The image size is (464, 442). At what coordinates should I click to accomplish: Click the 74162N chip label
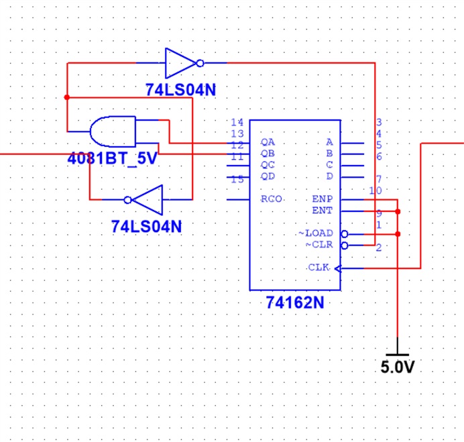(x=295, y=302)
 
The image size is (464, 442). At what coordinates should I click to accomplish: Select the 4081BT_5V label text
(x=112, y=159)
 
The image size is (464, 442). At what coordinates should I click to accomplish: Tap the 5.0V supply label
(x=398, y=367)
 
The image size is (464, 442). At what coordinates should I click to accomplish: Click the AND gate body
(x=113, y=131)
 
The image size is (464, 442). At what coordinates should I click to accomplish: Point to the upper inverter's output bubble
(x=200, y=63)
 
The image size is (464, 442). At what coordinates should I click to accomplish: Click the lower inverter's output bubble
(x=127, y=200)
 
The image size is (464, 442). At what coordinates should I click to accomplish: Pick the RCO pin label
(x=272, y=199)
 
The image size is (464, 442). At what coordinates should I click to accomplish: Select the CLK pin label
(x=318, y=268)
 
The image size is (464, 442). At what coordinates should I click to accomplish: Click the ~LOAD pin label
(x=316, y=233)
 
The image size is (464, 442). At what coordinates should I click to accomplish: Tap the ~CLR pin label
(x=319, y=245)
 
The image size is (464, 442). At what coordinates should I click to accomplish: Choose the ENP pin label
(x=323, y=199)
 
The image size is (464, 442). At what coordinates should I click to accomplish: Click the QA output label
(x=268, y=142)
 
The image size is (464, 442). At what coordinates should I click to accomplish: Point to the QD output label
(x=268, y=176)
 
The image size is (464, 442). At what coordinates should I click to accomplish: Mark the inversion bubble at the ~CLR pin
(x=345, y=245)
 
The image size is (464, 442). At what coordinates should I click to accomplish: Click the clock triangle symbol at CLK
(x=338, y=268)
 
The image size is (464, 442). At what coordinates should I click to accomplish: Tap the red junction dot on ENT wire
(x=398, y=212)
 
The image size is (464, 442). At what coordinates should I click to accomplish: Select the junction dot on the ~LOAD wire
(x=398, y=234)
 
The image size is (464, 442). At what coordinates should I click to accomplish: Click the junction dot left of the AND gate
(x=67, y=97)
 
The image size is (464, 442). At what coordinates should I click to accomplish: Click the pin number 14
(x=237, y=122)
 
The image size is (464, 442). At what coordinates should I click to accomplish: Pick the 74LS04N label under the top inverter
(x=180, y=90)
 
